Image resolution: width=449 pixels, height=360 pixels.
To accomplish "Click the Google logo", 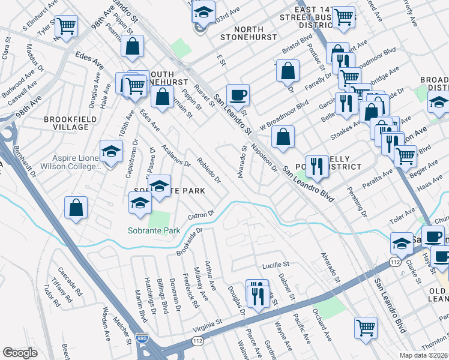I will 20,353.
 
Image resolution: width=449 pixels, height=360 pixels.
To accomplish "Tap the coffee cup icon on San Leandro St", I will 238,94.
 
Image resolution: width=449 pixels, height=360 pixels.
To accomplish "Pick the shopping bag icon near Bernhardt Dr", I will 76,208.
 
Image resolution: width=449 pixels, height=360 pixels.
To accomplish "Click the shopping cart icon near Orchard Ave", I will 366,328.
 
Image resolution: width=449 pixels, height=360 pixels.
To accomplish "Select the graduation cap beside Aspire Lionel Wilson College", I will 110,152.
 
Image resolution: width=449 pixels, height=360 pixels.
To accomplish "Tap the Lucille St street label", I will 276,265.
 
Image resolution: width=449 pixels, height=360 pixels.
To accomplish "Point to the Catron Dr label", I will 200,215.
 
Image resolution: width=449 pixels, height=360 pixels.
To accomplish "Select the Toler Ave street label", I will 403,212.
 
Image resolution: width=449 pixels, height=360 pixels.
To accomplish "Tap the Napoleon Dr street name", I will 264,157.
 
